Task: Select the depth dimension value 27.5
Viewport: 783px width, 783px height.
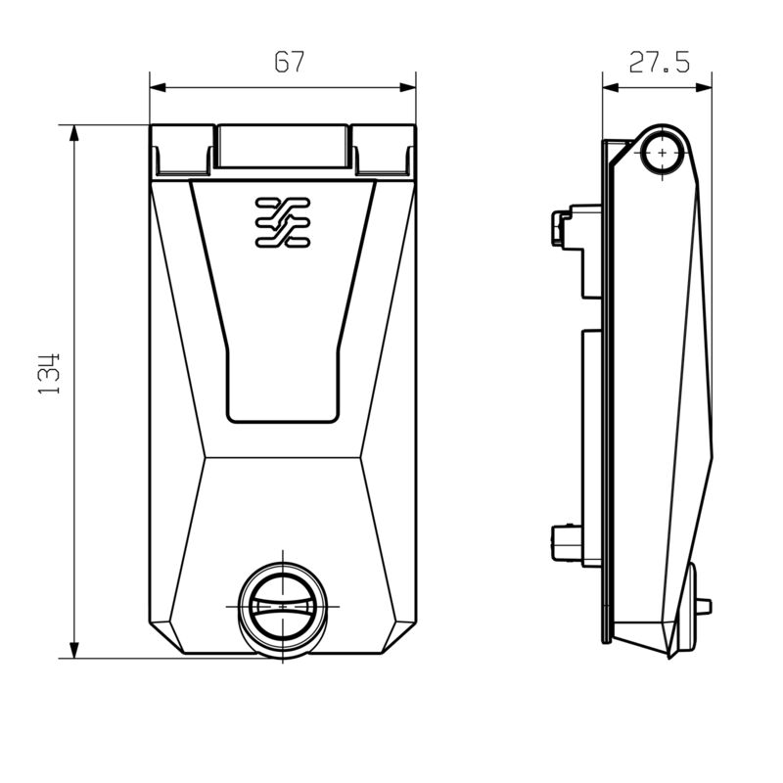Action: coord(659,64)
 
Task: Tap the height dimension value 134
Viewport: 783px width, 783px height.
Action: coord(51,372)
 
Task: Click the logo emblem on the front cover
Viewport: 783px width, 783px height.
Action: coord(282,221)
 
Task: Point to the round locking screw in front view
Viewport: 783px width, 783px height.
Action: coord(283,607)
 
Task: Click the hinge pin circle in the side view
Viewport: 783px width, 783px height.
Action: coord(666,153)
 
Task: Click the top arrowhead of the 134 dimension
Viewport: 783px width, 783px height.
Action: coord(74,132)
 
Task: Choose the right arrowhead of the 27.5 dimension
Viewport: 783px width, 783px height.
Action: coord(707,87)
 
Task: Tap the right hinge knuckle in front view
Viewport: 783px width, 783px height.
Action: coord(384,150)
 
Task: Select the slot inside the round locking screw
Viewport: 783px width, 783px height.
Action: coord(283,608)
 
